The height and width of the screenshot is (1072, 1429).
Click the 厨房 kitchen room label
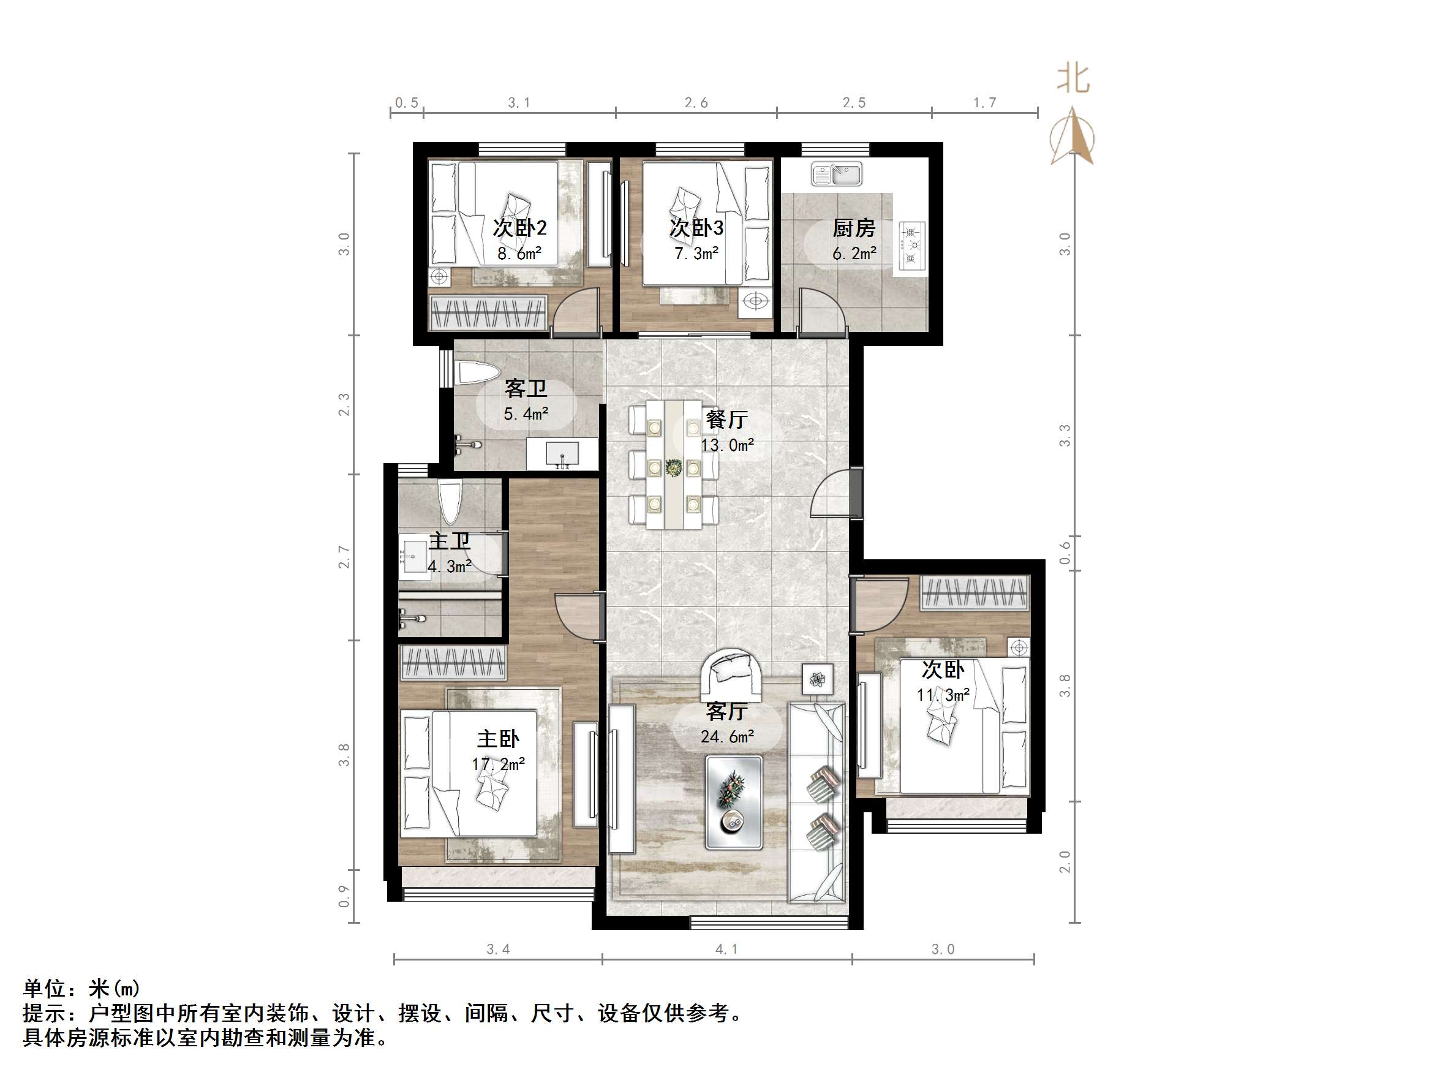(853, 228)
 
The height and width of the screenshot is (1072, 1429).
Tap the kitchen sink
(837, 174)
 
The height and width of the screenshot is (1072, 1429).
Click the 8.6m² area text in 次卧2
(519, 254)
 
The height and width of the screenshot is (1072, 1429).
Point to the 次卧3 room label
(696, 227)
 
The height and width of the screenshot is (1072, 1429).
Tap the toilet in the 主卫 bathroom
(451, 502)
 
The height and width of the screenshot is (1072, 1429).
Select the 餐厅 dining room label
(727, 420)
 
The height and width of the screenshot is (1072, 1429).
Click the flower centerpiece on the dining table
(674, 467)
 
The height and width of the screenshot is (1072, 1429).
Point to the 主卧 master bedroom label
(497, 739)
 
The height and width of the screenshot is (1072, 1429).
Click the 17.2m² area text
(497, 764)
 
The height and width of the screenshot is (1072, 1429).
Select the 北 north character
(1073, 80)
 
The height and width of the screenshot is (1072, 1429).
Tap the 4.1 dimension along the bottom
(726, 949)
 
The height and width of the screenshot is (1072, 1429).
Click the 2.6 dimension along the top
(696, 103)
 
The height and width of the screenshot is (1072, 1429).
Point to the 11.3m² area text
(943, 695)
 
